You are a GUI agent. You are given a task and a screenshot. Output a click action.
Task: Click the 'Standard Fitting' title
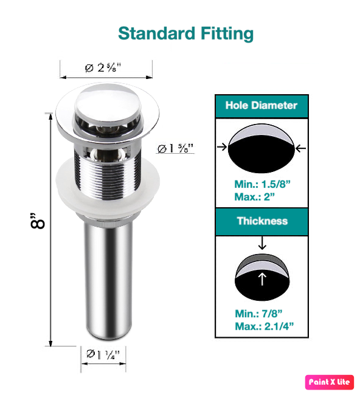click(x=185, y=33)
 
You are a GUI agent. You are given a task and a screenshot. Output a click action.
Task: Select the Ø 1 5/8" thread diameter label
click(x=175, y=148)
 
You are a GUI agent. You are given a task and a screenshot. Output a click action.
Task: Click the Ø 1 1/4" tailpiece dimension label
click(x=103, y=354)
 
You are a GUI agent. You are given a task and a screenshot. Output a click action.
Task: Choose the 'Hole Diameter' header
click(x=261, y=105)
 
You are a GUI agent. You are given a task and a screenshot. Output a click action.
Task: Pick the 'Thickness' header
click(x=262, y=221)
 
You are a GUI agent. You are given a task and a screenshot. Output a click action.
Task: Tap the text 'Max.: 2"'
click(x=254, y=197)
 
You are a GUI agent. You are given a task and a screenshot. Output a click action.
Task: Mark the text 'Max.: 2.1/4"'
click(x=264, y=326)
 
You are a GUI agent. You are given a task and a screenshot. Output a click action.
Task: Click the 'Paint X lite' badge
click(x=329, y=382)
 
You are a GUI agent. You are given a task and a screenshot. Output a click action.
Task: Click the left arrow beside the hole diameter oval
click(x=222, y=146)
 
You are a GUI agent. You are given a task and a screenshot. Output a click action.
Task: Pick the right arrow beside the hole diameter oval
click(x=300, y=148)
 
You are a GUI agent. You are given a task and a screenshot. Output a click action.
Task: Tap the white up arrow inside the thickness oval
click(x=262, y=279)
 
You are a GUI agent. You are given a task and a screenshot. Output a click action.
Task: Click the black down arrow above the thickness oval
click(x=262, y=242)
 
